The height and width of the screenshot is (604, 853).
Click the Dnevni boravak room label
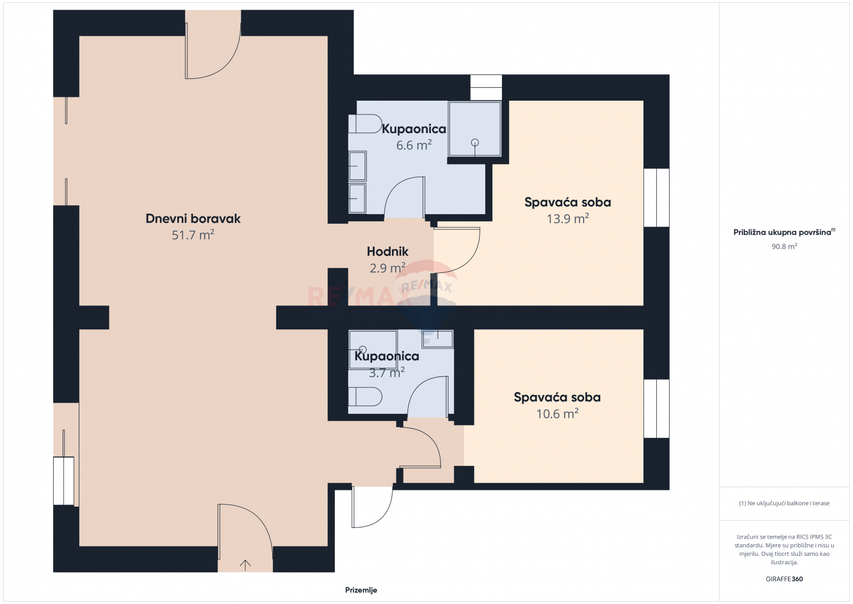coord(193,218)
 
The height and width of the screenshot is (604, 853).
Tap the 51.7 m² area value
coord(193,235)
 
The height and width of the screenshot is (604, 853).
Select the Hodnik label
coord(387,252)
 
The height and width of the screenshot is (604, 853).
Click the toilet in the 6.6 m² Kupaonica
coord(365,124)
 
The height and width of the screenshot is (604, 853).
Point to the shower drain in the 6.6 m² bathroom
coord(475,143)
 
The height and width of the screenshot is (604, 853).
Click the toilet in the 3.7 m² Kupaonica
coord(365,397)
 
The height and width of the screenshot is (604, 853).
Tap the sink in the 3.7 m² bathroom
coord(438,339)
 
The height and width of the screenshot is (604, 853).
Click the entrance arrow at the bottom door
coord(245,565)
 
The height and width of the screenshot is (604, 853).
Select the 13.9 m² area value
coord(568,218)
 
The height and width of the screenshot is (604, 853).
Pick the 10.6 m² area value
coord(557,413)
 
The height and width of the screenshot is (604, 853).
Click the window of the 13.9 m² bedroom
coord(656,198)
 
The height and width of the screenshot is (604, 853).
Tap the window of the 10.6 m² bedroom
coord(656,408)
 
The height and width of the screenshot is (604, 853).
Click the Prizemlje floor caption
coord(361,590)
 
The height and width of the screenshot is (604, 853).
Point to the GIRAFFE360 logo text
coord(784,579)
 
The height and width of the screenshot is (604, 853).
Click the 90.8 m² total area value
coord(784,246)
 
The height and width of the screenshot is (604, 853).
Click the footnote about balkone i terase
coord(784,503)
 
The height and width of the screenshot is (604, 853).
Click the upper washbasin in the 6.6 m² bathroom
coord(357,166)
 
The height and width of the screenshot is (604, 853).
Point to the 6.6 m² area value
coord(414,145)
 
